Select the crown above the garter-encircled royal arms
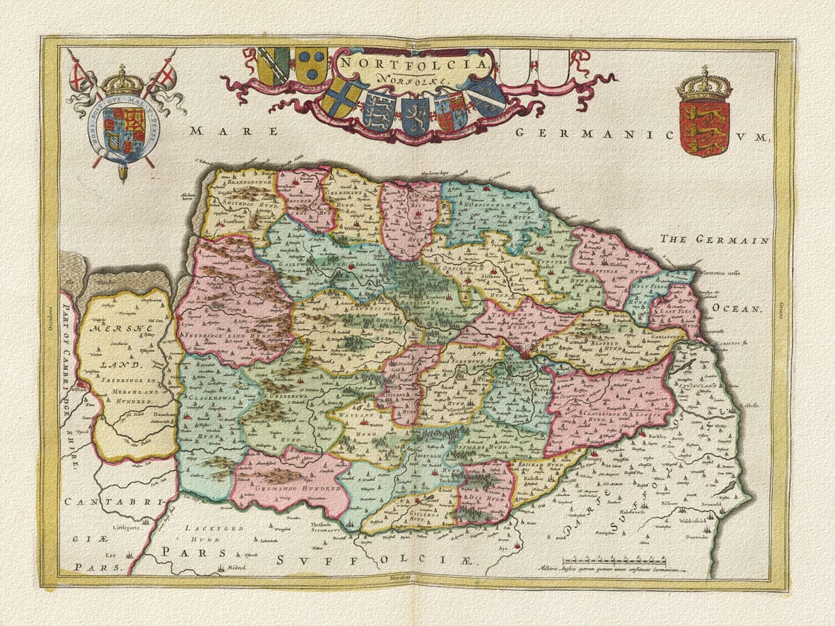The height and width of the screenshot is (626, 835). pos(122,81)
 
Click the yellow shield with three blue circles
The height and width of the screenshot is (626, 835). pos(310,66)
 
